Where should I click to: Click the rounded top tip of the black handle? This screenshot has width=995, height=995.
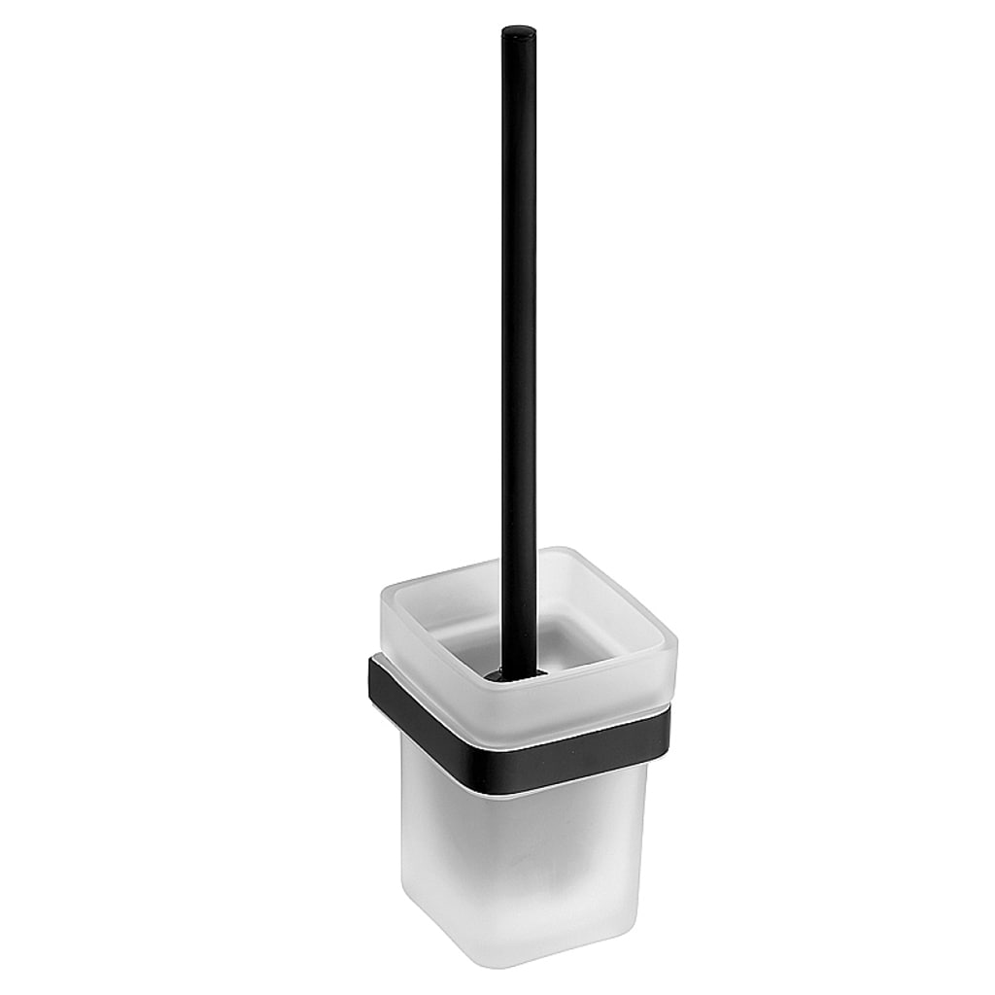tap(519, 32)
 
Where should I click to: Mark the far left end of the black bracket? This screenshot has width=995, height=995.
tap(372, 670)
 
